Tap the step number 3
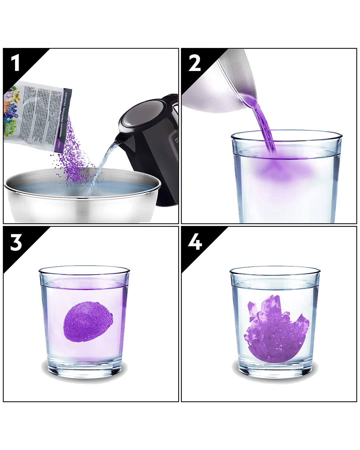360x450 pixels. (x=16, y=242)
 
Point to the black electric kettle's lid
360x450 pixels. (x=140, y=113)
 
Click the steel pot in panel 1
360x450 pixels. (x=80, y=203)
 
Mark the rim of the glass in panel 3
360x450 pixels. (x=84, y=269)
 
